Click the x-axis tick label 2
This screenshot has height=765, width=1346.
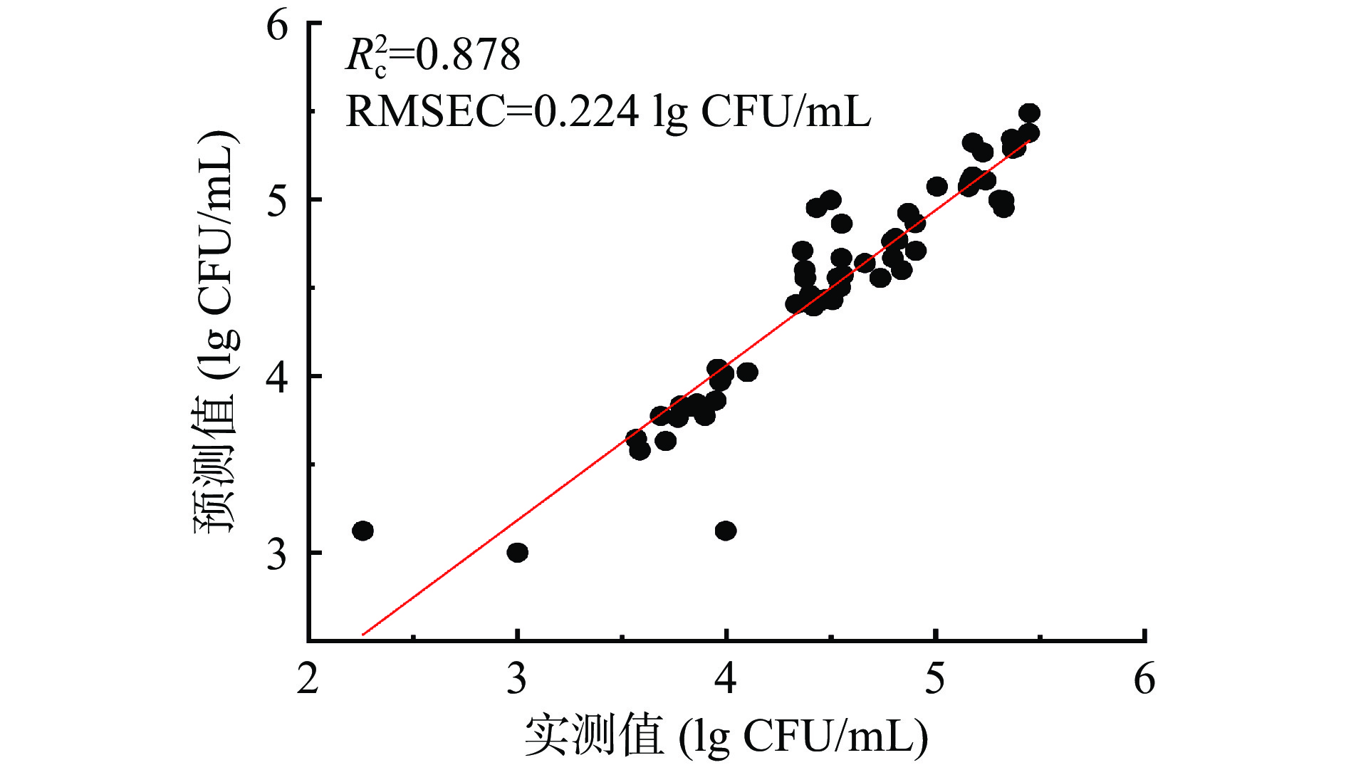tap(308, 679)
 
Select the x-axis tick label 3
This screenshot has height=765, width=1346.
tap(517, 679)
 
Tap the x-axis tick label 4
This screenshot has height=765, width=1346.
tap(726, 679)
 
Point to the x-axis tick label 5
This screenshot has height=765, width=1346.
tap(935, 679)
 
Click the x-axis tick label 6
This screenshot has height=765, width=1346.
tap(1144, 679)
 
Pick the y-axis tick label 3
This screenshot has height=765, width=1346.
tap(277, 553)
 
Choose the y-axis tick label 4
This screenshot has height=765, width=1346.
tap(277, 376)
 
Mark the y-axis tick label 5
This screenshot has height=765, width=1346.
tap(277, 200)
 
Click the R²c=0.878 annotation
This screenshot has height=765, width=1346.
tap(433, 56)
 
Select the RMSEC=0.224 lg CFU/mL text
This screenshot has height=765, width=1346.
tap(607, 112)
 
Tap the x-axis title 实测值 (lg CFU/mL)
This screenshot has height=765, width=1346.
tap(726, 736)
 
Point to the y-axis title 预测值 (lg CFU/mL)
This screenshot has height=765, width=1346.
tap(214, 331)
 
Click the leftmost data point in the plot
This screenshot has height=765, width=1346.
tap(363, 531)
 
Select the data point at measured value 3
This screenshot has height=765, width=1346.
tap(518, 552)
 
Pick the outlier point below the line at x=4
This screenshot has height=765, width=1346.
tap(726, 531)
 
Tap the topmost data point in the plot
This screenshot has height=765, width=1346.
tap(1029, 113)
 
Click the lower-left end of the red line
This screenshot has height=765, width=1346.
tap(363, 634)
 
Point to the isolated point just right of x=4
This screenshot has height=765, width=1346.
tap(747, 372)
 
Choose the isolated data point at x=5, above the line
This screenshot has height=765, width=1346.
tap(937, 187)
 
